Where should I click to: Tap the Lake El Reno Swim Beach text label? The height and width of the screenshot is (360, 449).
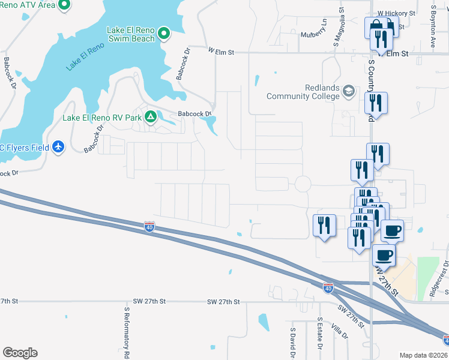pyautogui.click(x=131, y=34)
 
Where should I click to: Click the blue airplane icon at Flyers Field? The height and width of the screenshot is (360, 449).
pyautogui.click(x=58, y=147)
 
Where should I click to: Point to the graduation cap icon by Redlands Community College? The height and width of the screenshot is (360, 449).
pyautogui.click(x=348, y=91)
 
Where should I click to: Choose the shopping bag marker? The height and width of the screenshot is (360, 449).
pyautogui.click(x=375, y=28)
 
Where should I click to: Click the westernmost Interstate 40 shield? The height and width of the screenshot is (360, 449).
pyautogui.click(x=149, y=227)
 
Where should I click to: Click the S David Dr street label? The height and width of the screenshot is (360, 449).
pyautogui.click(x=293, y=343)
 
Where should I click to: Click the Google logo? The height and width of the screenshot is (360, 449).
pyautogui.click(x=20, y=353)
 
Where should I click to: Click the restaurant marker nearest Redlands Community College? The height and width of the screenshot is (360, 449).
pyautogui.click(x=376, y=104)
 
